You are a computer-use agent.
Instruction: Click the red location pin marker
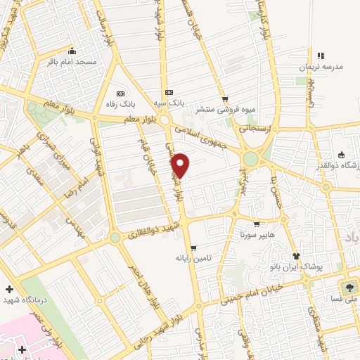click(181, 165)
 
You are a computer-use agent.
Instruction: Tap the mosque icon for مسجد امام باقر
click(72, 51)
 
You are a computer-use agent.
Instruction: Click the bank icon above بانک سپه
click(169, 92)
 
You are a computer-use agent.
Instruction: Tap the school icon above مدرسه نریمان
click(321, 56)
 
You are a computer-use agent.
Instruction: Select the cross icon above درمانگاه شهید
click(8, 290)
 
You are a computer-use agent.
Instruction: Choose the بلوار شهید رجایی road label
click(162, 329)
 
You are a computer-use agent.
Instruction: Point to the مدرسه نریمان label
click(321, 67)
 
